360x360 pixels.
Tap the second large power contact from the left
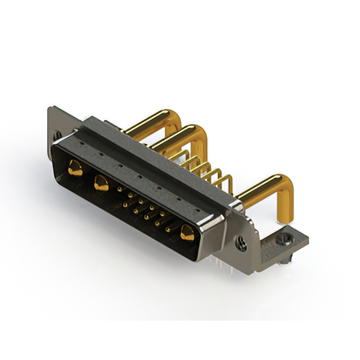(x=102, y=182)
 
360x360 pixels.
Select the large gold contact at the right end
(x=187, y=231)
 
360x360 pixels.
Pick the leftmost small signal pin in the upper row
(x=120, y=190)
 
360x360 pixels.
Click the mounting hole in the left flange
(x=57, y=135)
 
